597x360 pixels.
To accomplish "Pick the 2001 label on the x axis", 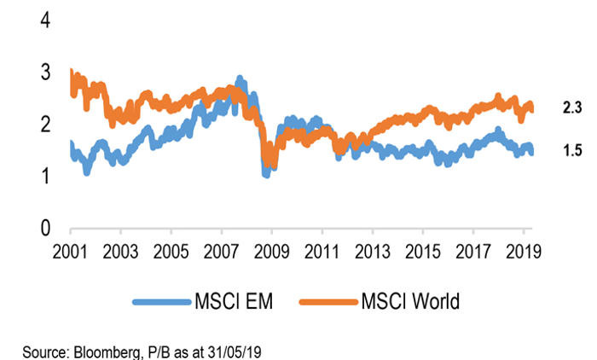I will coord(71,253).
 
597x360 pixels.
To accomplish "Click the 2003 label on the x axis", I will coord(121,253).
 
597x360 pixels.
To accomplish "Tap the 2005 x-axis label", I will coord(171,253).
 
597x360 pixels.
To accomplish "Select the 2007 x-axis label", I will coord(221,253).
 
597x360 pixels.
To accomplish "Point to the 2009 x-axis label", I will coord(271,253).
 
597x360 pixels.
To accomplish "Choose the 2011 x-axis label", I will coord(322,253).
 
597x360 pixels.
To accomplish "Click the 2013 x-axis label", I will coord(372,253).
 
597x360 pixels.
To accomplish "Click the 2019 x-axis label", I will coord(522,253).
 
